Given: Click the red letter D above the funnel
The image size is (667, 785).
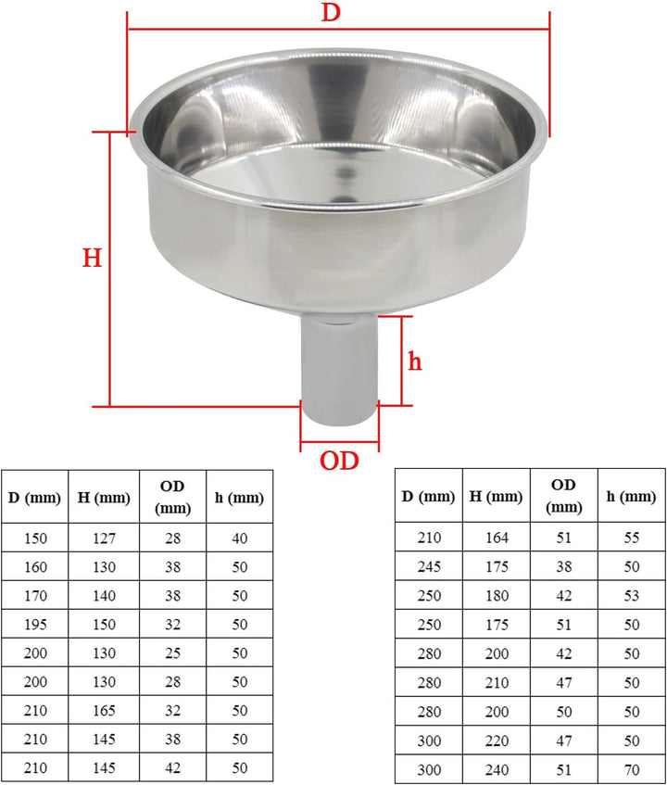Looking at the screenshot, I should coord(329,13).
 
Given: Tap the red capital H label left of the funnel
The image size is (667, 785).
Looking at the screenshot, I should coord(92,258).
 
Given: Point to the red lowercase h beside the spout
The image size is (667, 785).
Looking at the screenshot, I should coord(415,361).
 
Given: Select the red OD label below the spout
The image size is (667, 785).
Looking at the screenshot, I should coord(339,461).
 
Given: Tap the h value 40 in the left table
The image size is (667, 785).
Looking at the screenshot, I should coord(239,538).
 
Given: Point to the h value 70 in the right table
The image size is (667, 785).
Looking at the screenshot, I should coord(631,768).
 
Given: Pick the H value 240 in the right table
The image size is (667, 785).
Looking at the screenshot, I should coord(497,768).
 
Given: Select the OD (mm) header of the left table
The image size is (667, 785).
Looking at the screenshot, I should coord(173,497).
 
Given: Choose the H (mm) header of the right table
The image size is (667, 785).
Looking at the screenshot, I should coord(497,496).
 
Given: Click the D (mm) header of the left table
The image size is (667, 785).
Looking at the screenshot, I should coord(35,498).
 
